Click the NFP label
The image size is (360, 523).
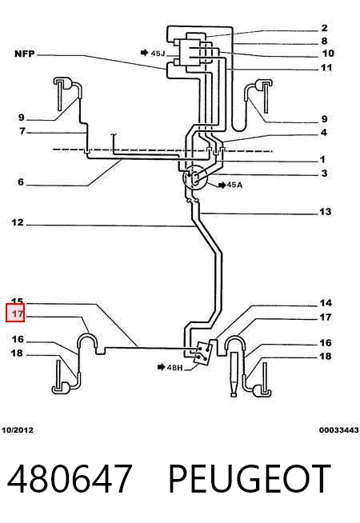click(24, 54)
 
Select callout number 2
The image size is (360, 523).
click(324, 28)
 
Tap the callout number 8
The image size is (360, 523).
click(324, 41)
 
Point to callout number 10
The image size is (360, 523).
click(328, 54)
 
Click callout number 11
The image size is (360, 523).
click(326, 68)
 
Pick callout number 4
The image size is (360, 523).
click(324, 133)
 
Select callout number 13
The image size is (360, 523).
click(326, 211)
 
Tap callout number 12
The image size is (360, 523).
click(18, 222)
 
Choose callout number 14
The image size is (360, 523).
click(326, 303)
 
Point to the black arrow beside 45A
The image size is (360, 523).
click(222, 185)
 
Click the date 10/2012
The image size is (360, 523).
click(18, 430)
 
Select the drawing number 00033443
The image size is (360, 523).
click(339, 430)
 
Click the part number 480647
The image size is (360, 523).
click(70, 479)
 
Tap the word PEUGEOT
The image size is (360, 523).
click(250, 479)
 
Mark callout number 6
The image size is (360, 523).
click(21, 182)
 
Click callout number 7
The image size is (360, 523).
click(22, 131)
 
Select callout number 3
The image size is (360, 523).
click(324, 173)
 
